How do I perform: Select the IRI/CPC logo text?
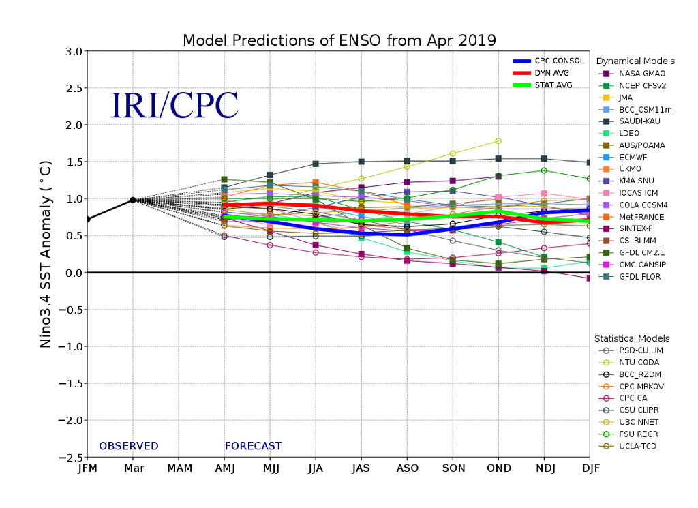pos(174,106)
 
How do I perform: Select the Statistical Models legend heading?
pos(632,338)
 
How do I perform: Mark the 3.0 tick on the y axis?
pos(74,52)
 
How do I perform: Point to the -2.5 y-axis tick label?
pos(70,458)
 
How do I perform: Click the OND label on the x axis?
pos(498,468)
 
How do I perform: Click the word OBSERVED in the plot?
pos(129,446)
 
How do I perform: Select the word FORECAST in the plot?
pos(253,446)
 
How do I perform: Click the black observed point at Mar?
pos(133,200)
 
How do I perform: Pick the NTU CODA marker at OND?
pos(498,141)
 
